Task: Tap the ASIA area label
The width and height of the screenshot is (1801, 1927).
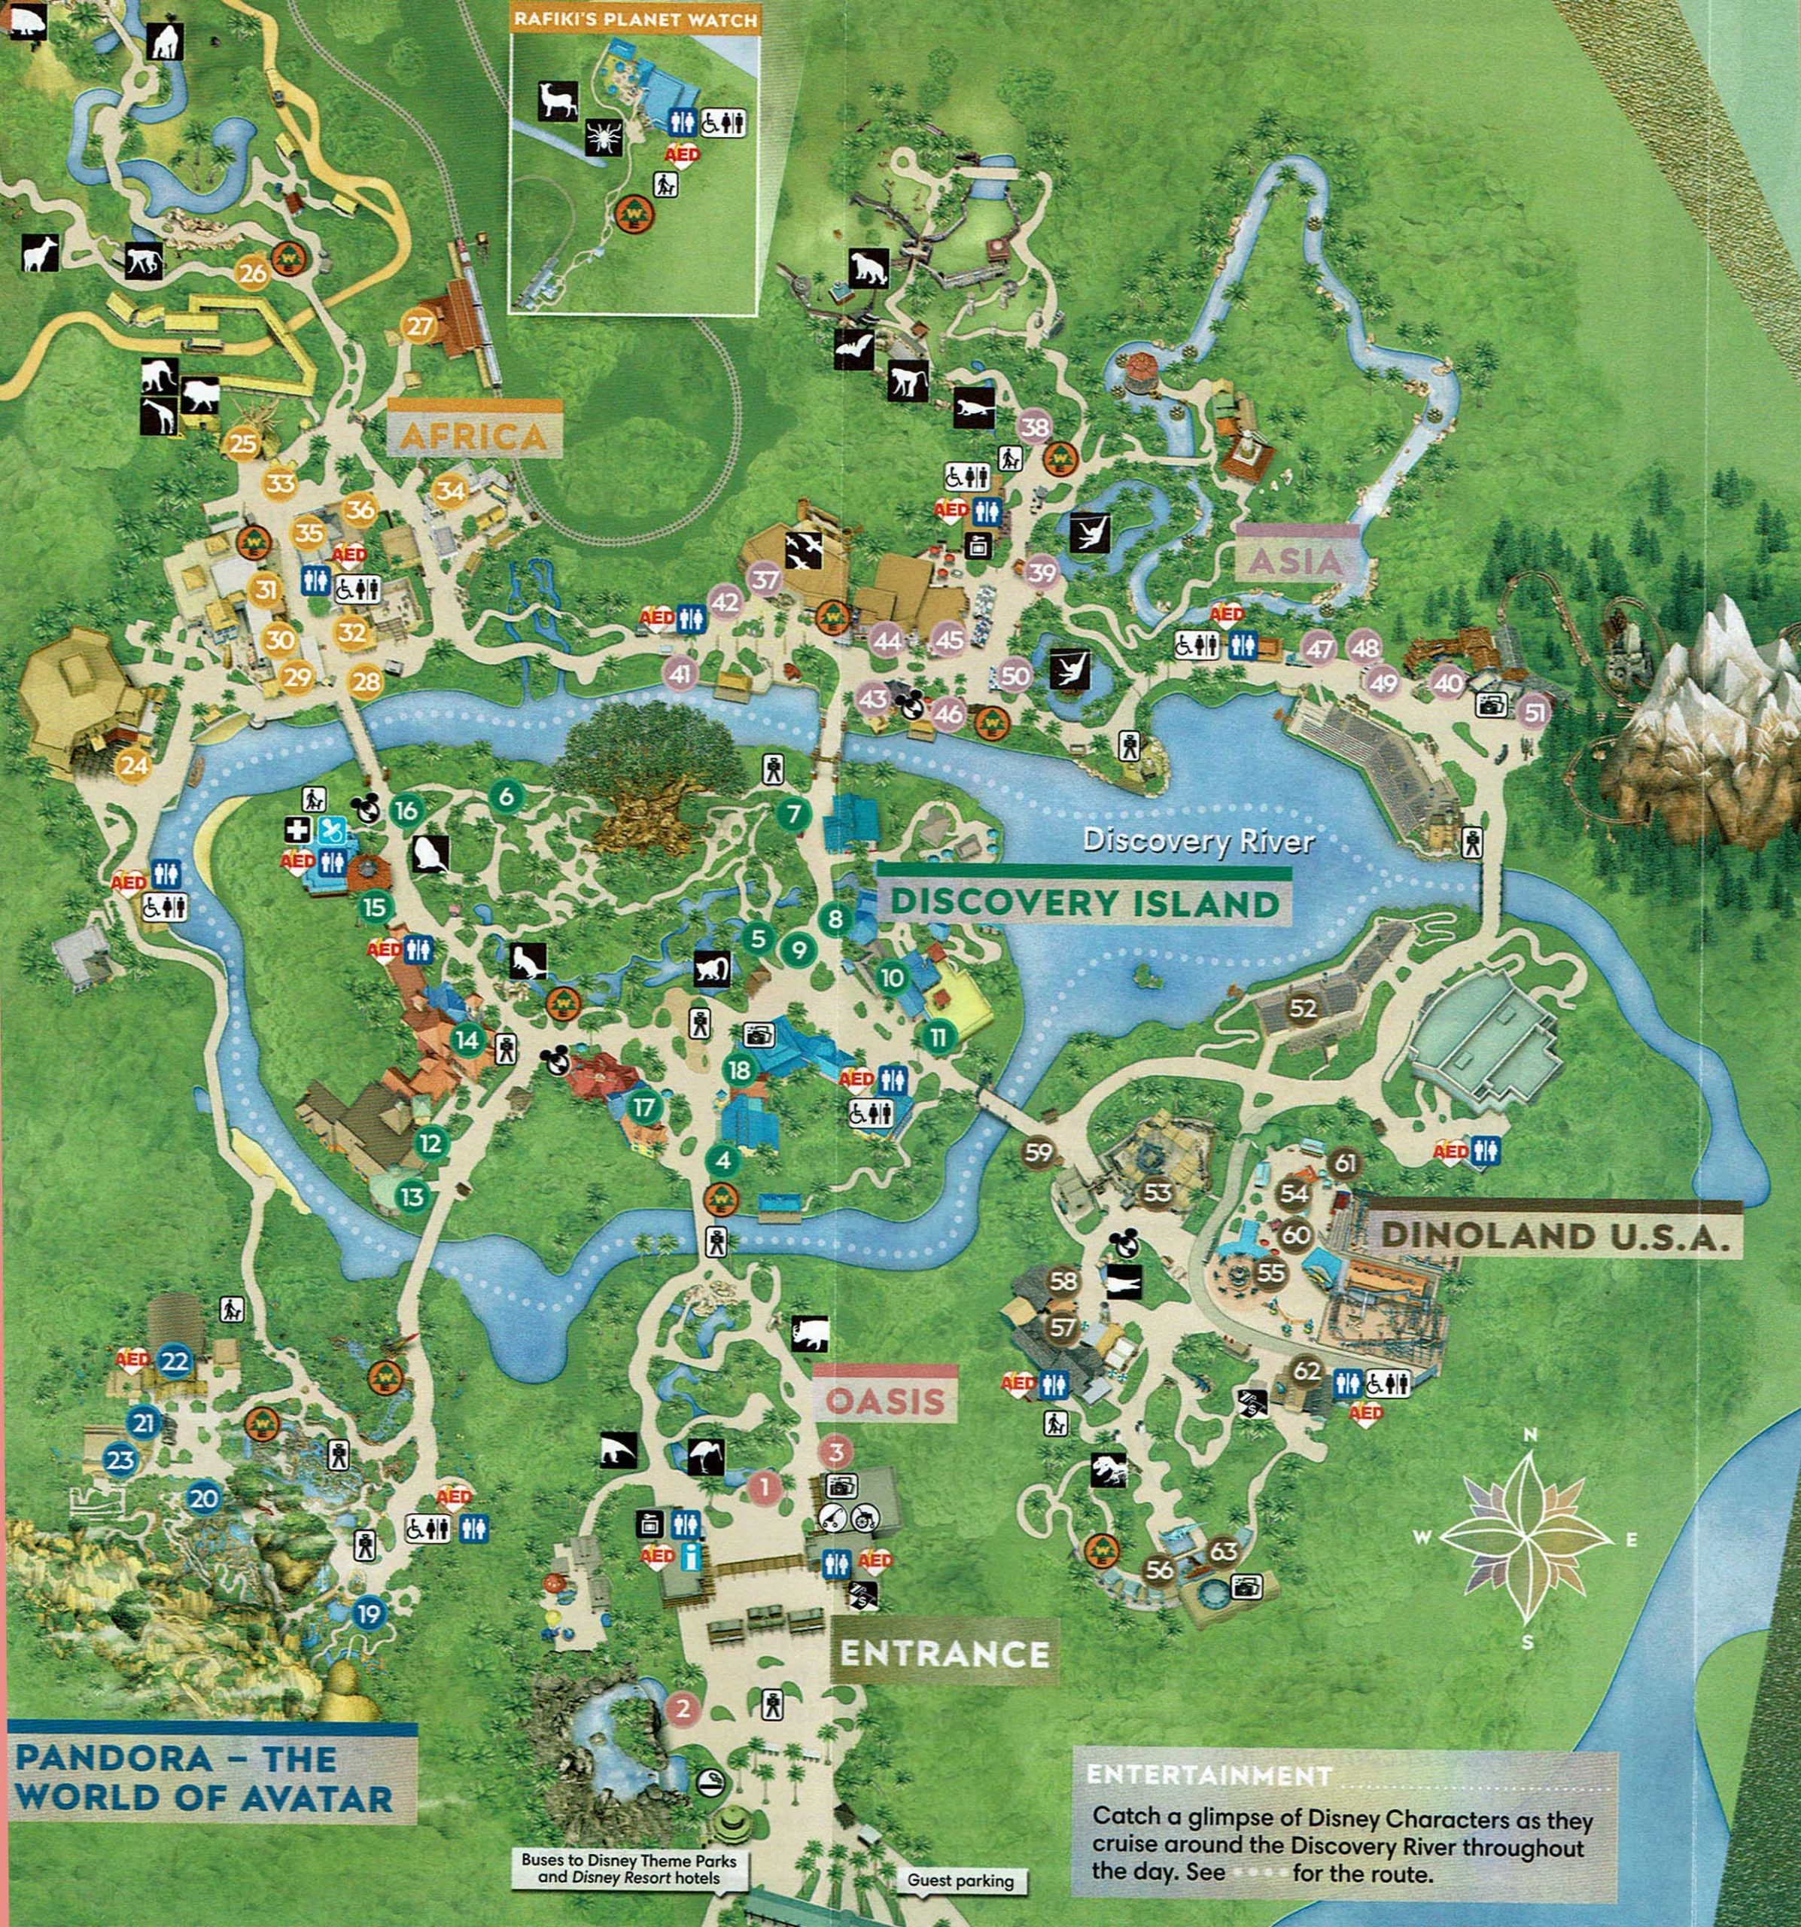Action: [1295, 562]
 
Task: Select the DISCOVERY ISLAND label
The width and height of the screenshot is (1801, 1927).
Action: [1084, 902]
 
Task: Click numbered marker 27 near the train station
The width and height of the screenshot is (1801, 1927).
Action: [420, 327]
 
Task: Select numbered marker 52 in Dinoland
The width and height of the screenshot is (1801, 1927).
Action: [1303, 1008]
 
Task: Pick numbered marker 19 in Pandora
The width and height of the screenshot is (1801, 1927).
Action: [368, 1614]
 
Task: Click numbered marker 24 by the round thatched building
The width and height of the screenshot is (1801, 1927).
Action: [135, 766]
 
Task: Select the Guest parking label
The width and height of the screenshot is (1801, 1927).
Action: [960, 1880]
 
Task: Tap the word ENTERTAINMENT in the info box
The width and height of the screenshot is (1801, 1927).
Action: [1209, 1775]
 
